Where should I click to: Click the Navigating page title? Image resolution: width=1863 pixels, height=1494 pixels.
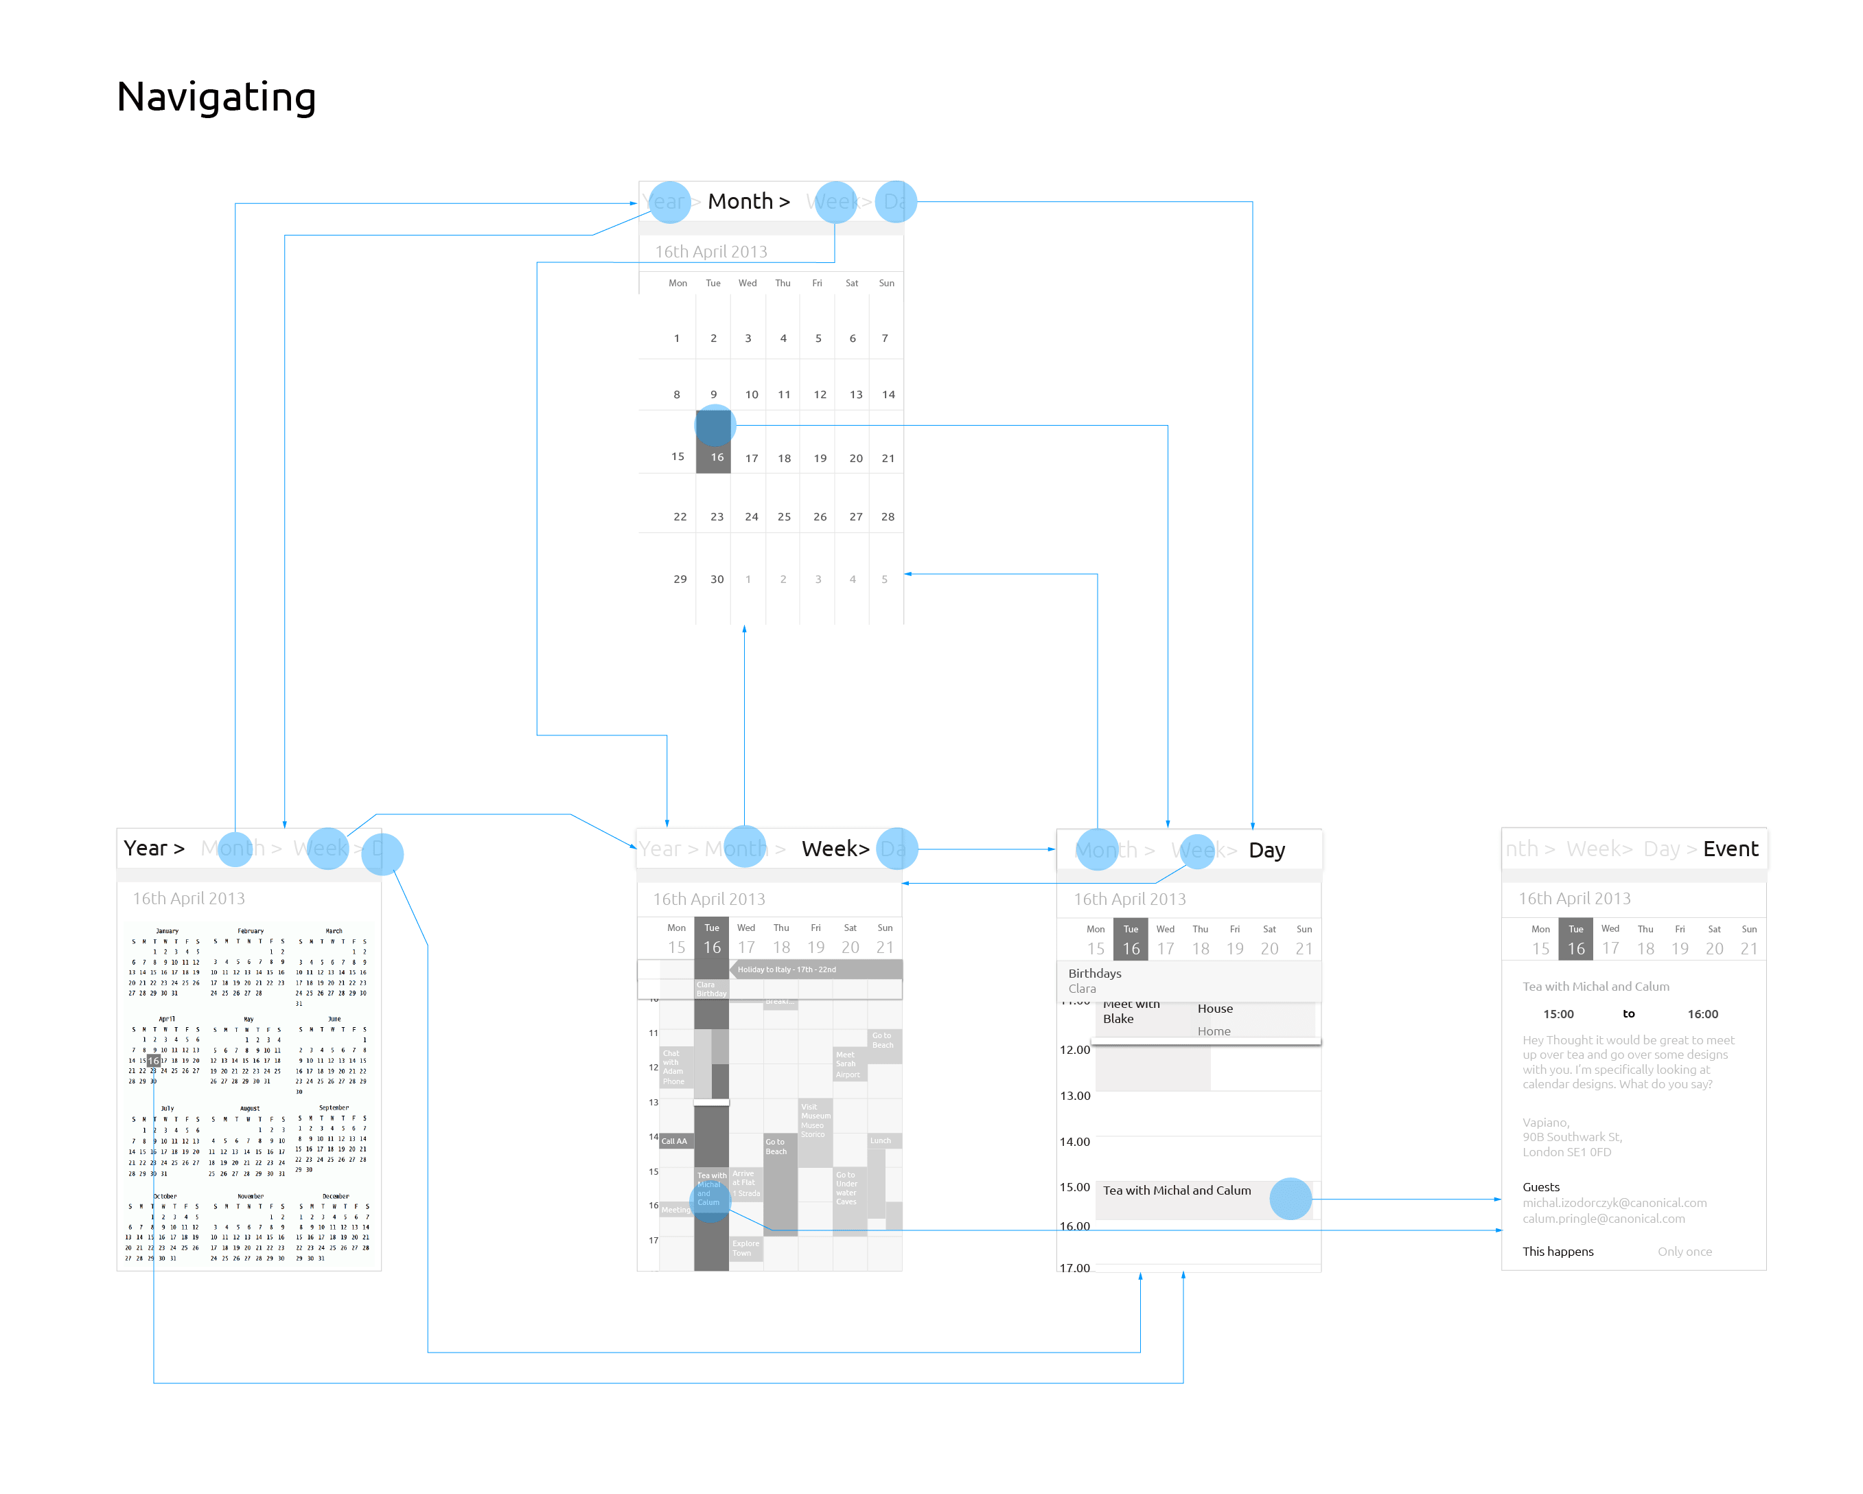[216, 97]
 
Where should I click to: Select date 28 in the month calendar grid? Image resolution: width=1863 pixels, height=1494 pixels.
[888, 517]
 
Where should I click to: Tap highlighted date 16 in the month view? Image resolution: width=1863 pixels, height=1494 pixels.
[717, 457]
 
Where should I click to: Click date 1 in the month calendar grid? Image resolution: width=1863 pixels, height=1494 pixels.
[677, 338]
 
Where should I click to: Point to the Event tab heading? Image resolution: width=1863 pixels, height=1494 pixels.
[1730, 849]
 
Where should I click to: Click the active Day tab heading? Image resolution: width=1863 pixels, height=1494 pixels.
[1266, 850]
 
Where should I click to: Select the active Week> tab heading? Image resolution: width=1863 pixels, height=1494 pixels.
[835, 849]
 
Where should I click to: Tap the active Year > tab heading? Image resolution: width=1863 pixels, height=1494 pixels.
[154, 849]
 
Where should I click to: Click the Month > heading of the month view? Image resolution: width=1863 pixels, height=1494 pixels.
[748, 201]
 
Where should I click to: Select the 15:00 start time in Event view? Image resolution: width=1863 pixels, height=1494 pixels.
[1558, 1015]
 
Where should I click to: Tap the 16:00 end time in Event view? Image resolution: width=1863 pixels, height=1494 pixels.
[1702, 1015]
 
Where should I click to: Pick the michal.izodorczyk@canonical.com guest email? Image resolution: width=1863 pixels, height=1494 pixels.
[1614, 1203]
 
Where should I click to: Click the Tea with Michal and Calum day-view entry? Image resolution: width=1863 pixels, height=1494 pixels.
[1177, 1191]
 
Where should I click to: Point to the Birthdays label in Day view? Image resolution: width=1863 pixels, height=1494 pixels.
[1095, 973]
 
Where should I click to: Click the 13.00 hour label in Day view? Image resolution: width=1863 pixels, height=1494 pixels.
[1075, 1096]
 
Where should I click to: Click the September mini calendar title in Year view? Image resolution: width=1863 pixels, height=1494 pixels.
[334, 1107]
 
